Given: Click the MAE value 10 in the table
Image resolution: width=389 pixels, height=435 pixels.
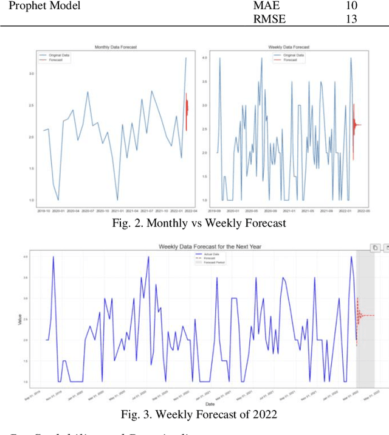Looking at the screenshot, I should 350,5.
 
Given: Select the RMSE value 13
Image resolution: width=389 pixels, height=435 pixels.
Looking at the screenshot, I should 350,18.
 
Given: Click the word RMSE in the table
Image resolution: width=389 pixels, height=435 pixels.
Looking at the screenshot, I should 269,18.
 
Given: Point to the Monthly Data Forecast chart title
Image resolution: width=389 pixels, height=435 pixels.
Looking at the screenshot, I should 116,47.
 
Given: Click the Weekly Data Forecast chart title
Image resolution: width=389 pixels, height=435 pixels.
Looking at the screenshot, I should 290,47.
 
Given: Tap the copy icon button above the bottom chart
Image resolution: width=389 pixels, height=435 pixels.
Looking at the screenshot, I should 376,248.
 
